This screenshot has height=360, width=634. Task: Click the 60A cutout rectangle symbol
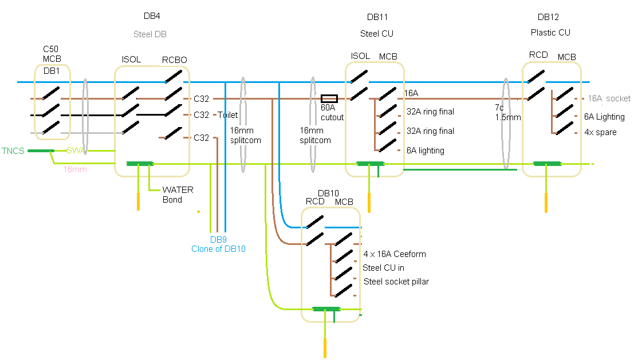pos(329,98)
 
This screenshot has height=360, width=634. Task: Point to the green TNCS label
pos(13,151)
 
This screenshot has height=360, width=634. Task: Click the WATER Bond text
pos(178,195)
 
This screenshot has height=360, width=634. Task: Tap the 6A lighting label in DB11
pos(425,151)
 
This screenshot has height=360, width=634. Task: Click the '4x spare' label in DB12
pos(600,132)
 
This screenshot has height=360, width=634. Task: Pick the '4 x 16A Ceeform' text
pos(395,254)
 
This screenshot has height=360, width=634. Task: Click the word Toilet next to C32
pos(227,115)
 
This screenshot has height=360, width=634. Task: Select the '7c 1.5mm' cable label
pos(508,112)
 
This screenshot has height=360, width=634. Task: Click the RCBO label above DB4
pos(174,60)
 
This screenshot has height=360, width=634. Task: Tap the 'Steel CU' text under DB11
pos(376,34)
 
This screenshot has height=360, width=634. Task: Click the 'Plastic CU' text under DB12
pos(550,33)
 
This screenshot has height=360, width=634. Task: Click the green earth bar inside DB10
pos(326,309)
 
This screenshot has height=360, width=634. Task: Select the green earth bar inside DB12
pos(548,164)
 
